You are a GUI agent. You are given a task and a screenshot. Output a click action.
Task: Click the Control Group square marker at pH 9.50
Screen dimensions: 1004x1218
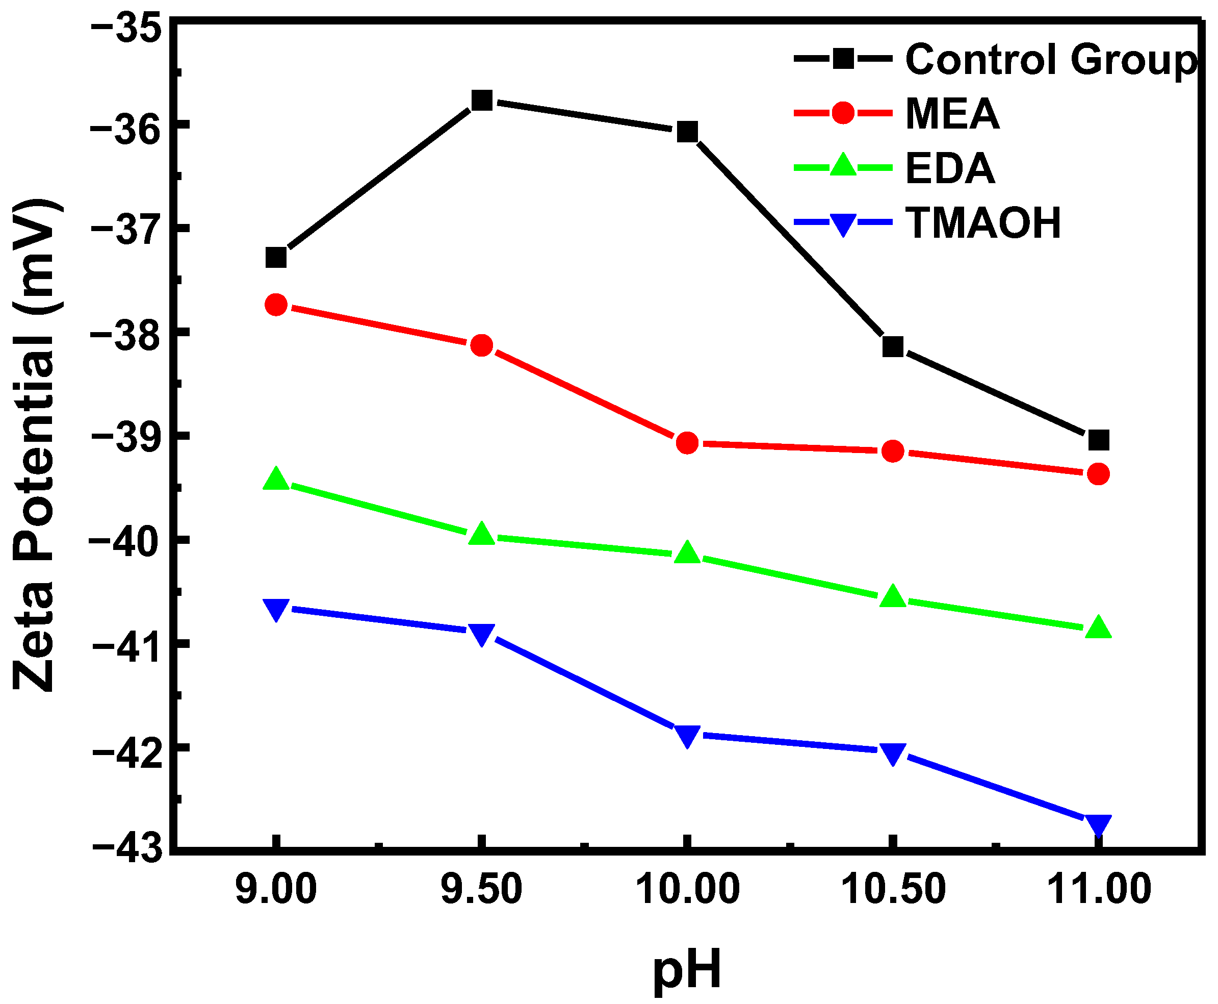pos(481,100)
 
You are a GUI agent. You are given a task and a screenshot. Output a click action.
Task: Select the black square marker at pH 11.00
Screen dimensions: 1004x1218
pos(1098,440)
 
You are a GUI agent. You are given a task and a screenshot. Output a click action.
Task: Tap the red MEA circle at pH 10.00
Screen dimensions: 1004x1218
pos(687,443)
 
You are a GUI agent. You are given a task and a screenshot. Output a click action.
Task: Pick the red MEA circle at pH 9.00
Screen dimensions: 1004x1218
pos(276,304)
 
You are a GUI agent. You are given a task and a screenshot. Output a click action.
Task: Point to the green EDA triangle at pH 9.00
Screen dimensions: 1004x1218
pos(276,480)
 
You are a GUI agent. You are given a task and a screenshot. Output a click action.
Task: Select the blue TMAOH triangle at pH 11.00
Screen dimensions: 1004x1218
pos(1098,825)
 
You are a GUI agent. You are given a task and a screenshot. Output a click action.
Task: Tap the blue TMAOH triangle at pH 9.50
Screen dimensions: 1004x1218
pos(481,634)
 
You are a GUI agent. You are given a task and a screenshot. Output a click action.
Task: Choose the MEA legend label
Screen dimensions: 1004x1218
pos(952,113)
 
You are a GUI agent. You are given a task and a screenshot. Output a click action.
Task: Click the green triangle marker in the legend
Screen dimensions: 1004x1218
pos(843,165)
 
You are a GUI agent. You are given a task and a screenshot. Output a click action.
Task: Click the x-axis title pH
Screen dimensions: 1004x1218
pos(687,969)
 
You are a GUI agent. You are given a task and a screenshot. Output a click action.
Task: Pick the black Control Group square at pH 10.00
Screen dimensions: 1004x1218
pos(687,132)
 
